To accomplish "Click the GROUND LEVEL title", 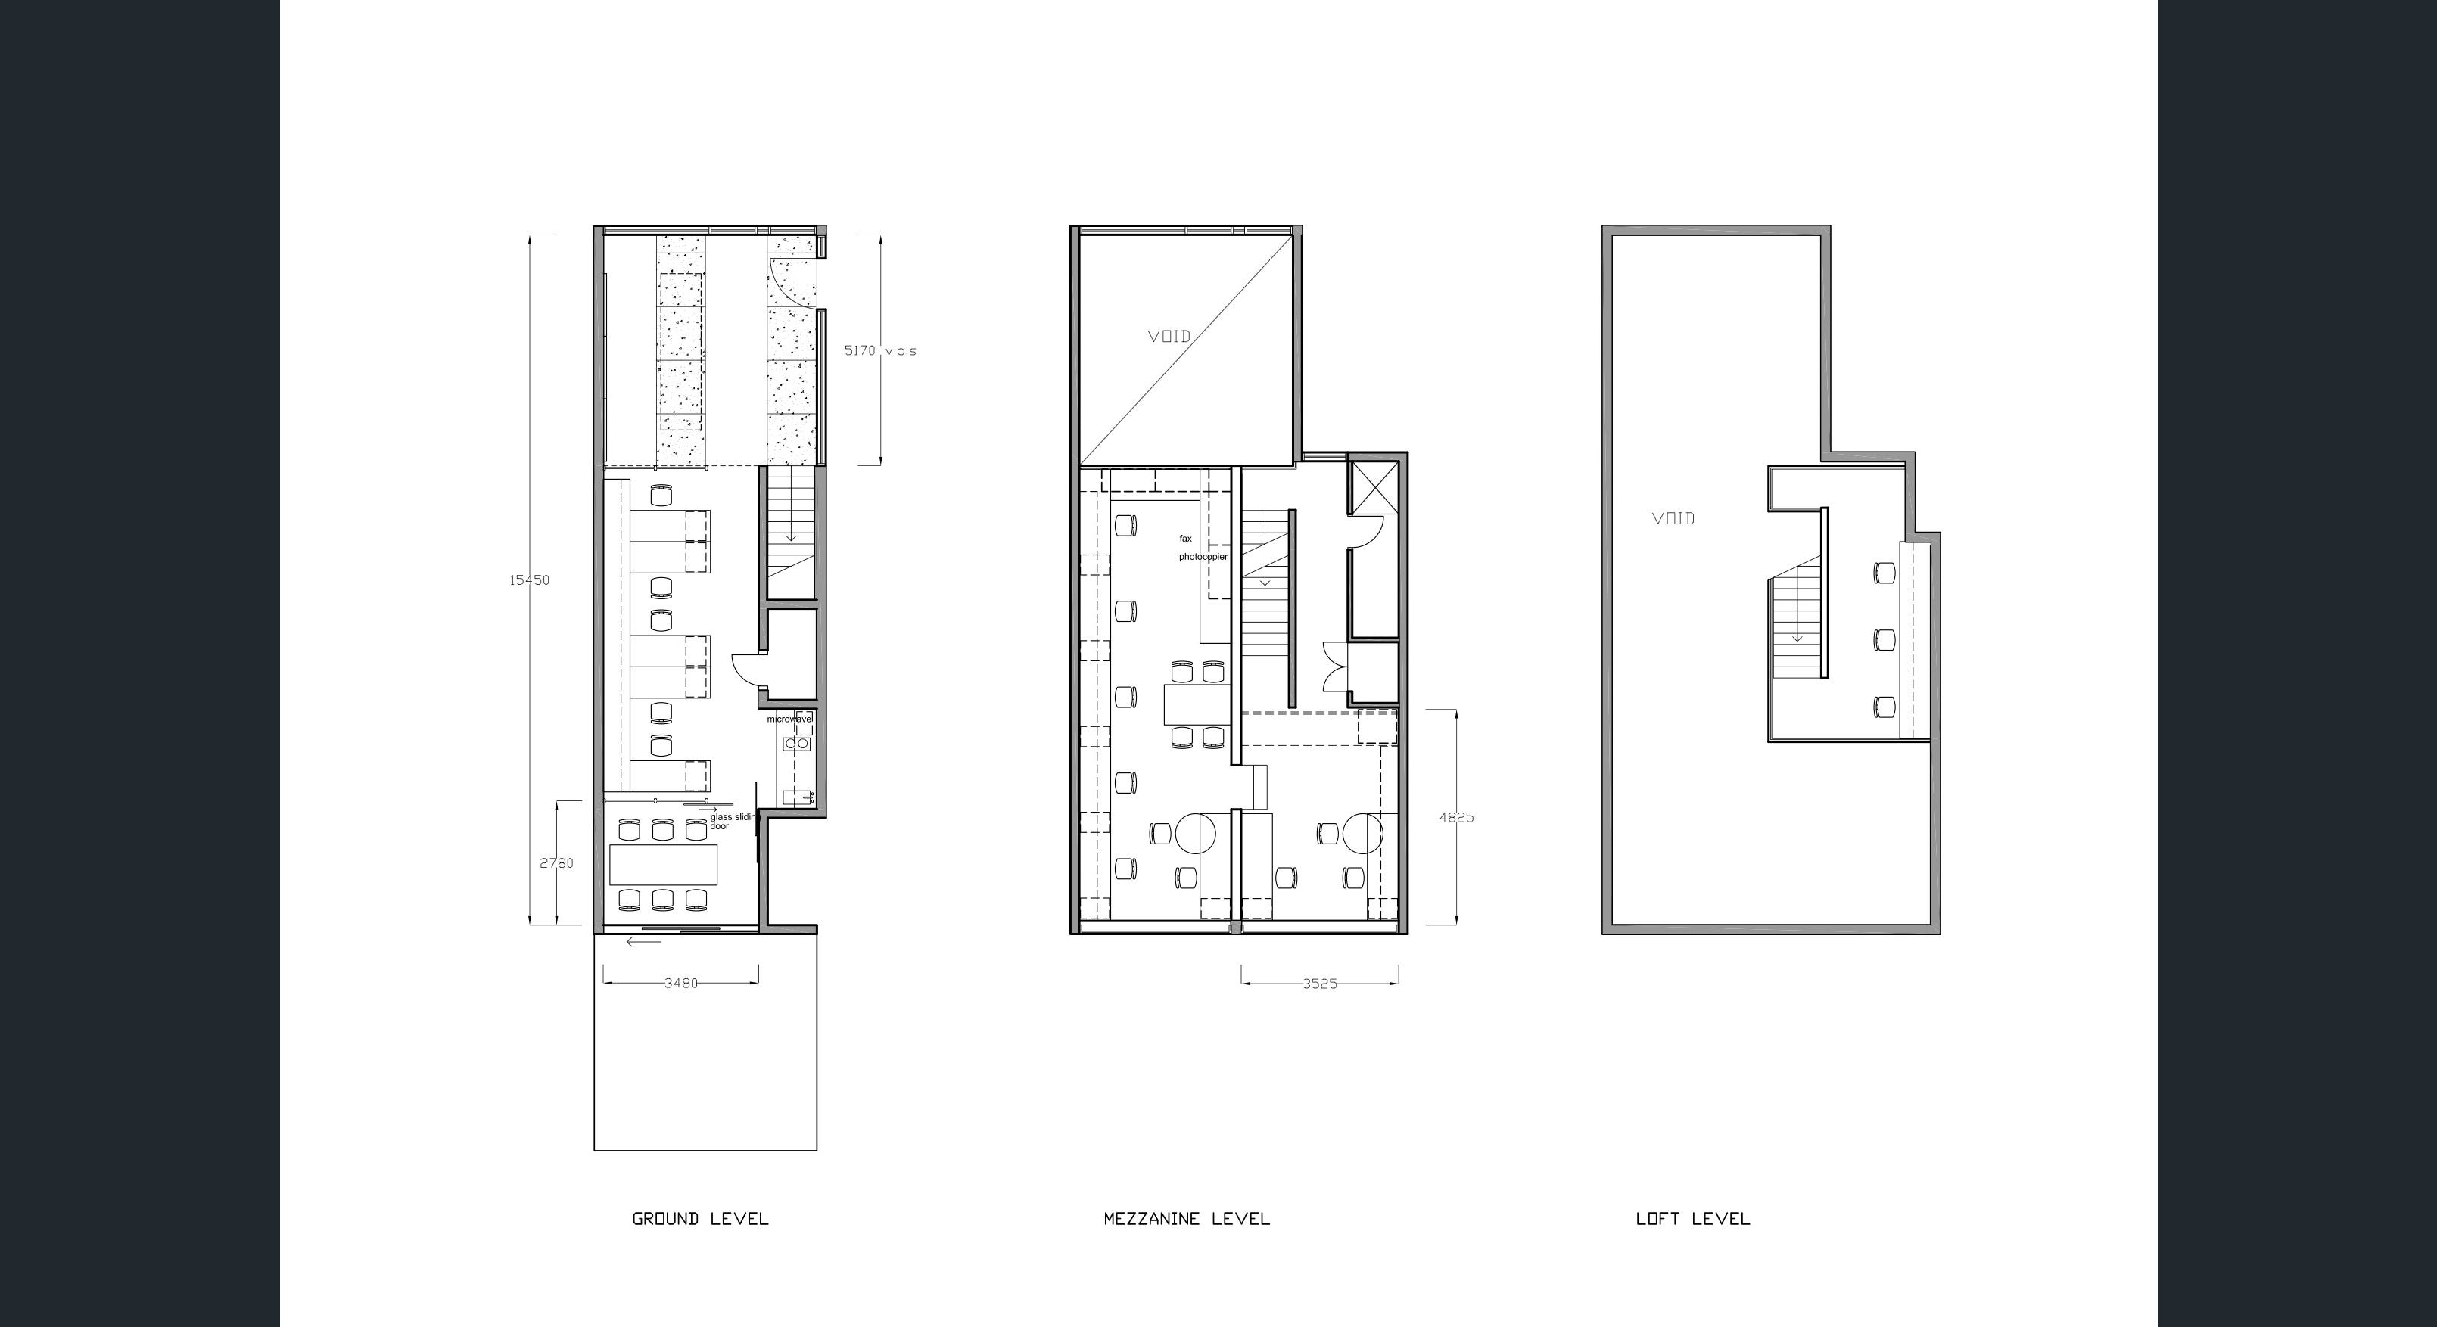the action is [x=700, y=1219].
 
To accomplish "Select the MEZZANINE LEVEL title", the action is [x=1187, y=1219].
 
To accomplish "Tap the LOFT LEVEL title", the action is [x=1692, y=1219].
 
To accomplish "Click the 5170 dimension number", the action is [x=860, y=351].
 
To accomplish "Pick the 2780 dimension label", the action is [x=556, y=863].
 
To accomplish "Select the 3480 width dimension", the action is [x=681, y=984].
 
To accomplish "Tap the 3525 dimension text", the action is [x=1320, y=984].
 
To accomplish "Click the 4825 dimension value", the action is [x=1456, y=818].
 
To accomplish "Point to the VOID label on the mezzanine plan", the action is [x=1169, y=337].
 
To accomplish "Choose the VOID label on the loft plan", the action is [x=1673, y=518].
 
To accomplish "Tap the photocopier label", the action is [x=1203, y=557].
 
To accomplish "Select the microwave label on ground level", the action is [x=790, y=719].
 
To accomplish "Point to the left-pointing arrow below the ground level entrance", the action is [x=643, y=942].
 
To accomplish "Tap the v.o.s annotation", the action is [x=901, y=351].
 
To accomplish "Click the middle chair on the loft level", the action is [x=1885, y=640].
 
